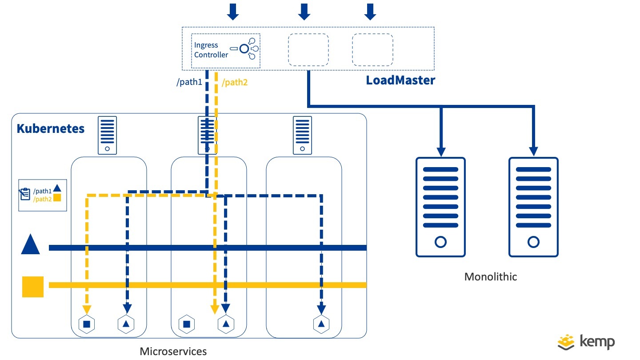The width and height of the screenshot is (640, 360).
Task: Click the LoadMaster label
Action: click(400, 81)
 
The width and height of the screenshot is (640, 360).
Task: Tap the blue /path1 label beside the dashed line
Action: click(189, 82)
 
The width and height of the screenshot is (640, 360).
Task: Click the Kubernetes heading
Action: click(50, 129)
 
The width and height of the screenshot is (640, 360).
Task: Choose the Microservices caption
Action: click(173, 351)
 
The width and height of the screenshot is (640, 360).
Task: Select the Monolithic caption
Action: click(491, 276)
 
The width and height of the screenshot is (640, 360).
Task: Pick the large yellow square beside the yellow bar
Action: click(33, 287)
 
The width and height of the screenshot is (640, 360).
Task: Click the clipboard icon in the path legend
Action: click(25, 195)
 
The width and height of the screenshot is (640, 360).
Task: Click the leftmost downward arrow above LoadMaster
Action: click(233, 12)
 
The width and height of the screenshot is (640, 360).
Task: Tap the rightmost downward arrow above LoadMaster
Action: click(370, 12)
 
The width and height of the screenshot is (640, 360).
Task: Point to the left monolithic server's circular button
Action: click(440, 242)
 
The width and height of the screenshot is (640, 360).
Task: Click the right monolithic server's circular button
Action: click(533, 242)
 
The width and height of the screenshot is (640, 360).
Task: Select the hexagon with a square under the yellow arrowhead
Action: click(87, 324)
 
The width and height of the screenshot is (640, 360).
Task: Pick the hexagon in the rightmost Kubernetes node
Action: click(320, 324)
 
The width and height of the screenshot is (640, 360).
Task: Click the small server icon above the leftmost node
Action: click(107, 135)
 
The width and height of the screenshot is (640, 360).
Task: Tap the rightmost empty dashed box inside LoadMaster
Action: click(372, 49)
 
